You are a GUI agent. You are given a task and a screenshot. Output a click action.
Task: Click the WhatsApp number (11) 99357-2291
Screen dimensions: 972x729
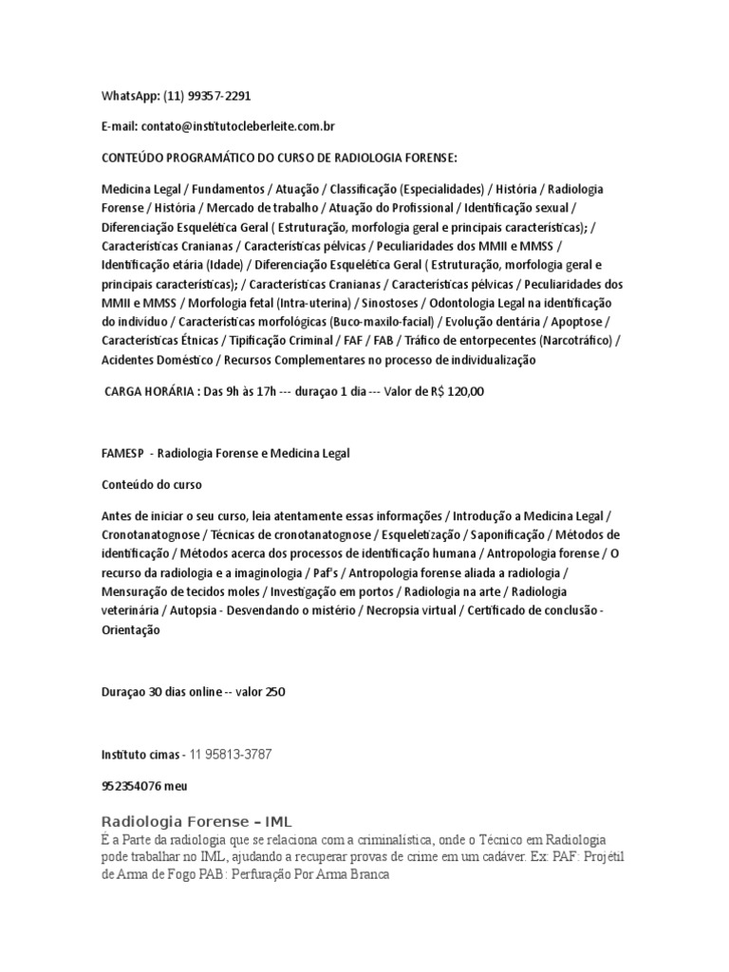click(x=207, y=96)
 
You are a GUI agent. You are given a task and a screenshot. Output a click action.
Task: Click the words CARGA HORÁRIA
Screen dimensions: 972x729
click(x=148, y=390)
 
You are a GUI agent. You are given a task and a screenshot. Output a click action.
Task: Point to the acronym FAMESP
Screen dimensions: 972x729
click(x=121, y=454)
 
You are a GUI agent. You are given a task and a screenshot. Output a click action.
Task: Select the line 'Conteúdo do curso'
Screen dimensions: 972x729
click(x=152, y=484)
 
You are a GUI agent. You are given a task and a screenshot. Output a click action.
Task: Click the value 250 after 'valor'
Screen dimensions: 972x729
click(x=275, y=692)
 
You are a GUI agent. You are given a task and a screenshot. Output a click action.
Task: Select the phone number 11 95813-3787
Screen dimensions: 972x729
click(x=231, y=754)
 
